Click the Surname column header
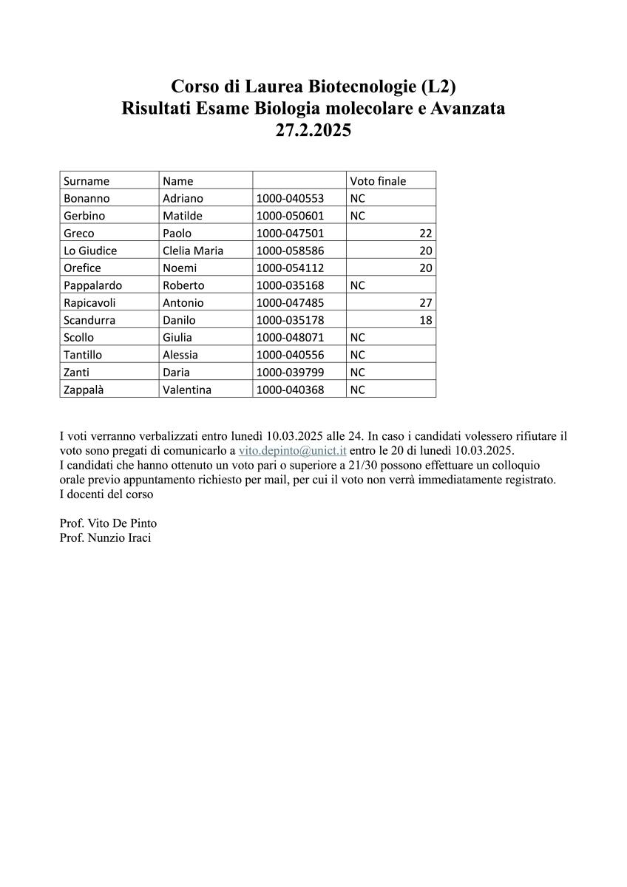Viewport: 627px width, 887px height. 87,181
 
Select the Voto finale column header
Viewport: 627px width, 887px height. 378,181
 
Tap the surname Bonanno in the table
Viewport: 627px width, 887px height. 87,199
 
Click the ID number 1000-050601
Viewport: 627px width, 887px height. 290,216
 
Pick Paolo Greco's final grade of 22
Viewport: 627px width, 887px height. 425,234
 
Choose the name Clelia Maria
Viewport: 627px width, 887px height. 193,251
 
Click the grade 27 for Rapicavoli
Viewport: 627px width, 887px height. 425,303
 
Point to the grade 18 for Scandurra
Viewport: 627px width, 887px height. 425,320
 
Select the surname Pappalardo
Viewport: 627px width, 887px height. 92,285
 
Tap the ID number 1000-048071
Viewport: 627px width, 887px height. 290,338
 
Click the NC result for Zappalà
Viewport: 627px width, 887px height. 358,390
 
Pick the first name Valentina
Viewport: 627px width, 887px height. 187,390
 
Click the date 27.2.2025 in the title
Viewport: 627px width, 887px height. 313,132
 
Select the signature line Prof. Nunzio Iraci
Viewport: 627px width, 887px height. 105,537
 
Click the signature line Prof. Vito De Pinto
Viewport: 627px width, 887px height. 108,523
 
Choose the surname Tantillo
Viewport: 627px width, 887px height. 83,355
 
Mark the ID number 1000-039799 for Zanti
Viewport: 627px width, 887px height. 290,373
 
